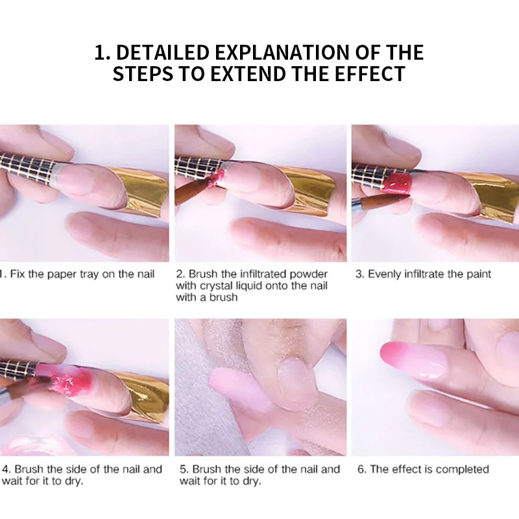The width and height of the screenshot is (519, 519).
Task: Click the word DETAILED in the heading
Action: (x=163, y=53)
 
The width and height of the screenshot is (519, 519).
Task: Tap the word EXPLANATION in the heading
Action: (x=282, y=53)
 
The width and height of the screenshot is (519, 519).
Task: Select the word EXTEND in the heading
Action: (x=248, y=73)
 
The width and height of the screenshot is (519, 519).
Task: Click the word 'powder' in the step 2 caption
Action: (x=309, y=274)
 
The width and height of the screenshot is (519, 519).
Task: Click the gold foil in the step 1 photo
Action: (x=142, y=190)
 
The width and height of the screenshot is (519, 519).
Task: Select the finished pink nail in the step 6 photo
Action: (x=413, y=360)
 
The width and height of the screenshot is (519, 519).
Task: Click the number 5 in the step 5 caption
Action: (x=183, y=469)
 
